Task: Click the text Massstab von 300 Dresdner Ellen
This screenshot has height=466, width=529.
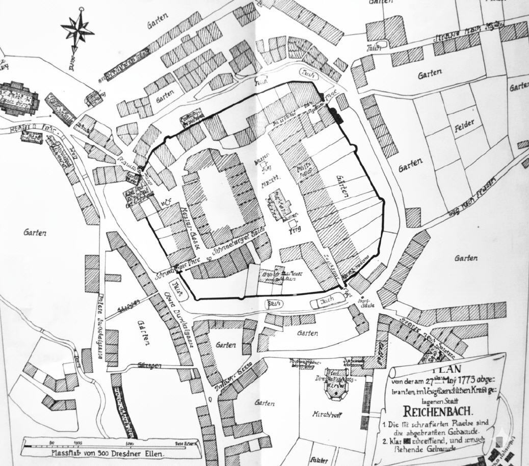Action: pos(107,452)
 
